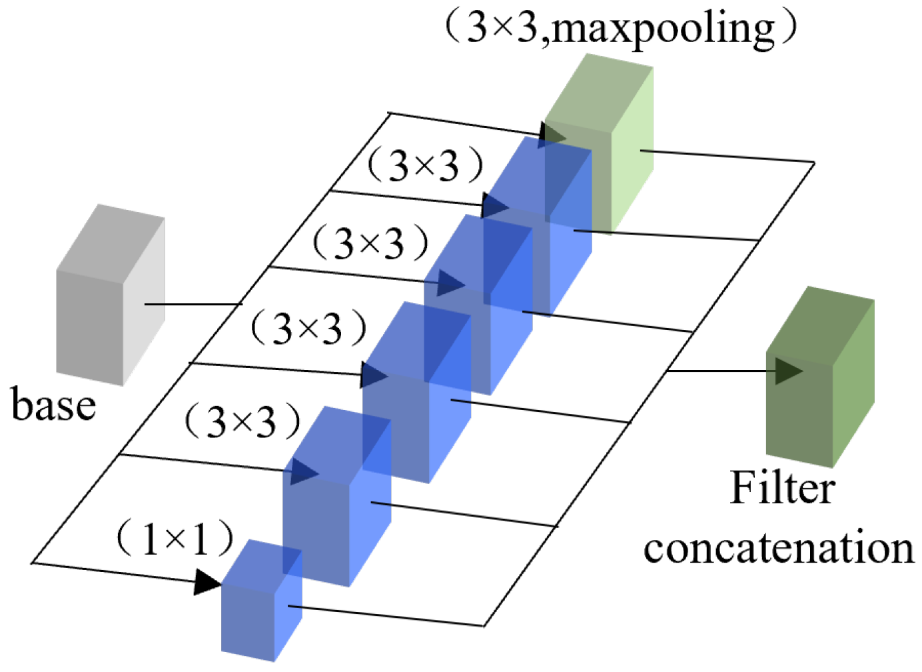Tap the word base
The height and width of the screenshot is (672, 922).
[x=53, y=405]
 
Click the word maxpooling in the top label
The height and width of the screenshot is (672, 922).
[x=663, y=28]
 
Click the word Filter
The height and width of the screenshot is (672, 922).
[x=782, y=488]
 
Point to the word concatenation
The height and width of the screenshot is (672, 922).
[x=778, y=548]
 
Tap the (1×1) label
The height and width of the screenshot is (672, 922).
[x=175, y=538]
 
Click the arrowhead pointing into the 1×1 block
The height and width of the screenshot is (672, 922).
[x=207, y=582]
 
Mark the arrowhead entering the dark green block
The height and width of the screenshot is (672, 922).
[x=788, y=371]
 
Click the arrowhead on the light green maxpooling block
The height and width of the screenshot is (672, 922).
[x=552, y=134]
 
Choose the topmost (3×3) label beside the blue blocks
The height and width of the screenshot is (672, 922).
[x=424, y=165]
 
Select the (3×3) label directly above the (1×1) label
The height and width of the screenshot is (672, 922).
[x=242, y=421]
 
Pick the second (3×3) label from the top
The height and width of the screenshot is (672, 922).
[x=370, y=243]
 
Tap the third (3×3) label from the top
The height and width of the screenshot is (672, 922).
[x=308, y=328]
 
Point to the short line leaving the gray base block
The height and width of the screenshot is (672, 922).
[x=193, y=305]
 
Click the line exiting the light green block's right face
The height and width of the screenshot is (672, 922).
[x=726, y=156]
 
